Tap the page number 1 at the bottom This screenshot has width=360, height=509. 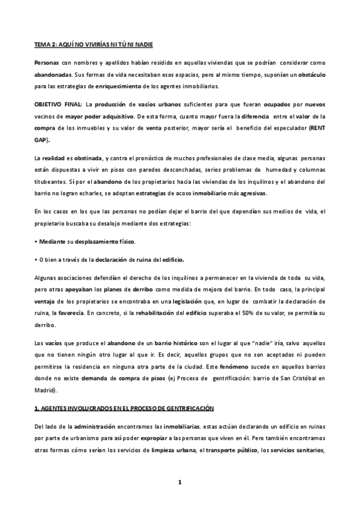[x=179, y=482]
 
